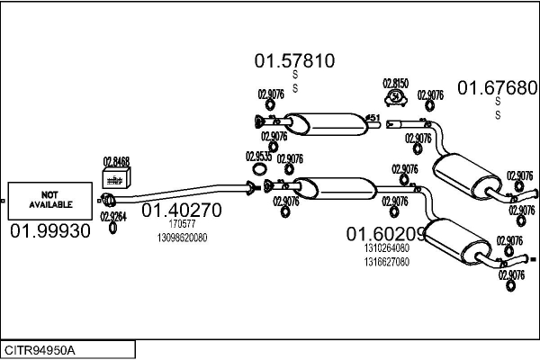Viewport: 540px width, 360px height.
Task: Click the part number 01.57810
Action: point(294,62)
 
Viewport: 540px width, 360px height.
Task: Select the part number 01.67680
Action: point(498,87)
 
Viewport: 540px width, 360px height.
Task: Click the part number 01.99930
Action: point(50,231)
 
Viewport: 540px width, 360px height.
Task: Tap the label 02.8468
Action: point(116,161)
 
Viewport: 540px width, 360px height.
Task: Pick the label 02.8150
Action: point(396,83)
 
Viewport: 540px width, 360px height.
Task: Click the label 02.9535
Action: point(258,156)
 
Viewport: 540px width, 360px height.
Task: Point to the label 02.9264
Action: point(113,216)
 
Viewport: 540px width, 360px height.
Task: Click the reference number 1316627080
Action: point(387,262)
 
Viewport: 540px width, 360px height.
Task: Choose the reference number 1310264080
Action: point(387,248)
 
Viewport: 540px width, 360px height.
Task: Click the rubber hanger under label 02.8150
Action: point(395,98)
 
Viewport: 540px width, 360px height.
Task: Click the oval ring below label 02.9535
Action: point(259,168)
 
